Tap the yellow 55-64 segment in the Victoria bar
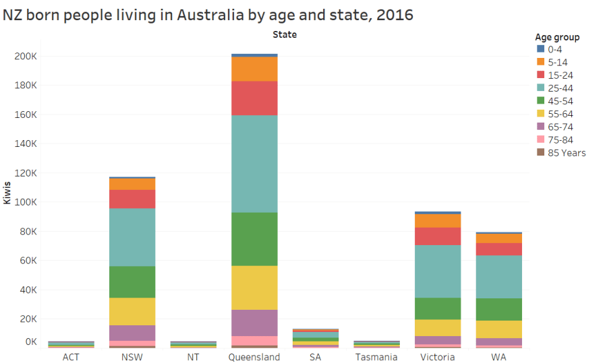(437, 327)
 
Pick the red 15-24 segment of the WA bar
(498, 249)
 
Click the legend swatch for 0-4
(540, 49)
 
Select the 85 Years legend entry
(567, 153)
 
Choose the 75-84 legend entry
(562, 139)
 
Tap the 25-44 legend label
(562, 88)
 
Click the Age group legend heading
(557, 37)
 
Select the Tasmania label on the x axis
(376, 357)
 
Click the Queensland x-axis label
(254, 357)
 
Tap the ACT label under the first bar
(70, 357)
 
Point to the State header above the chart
(284, 34)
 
